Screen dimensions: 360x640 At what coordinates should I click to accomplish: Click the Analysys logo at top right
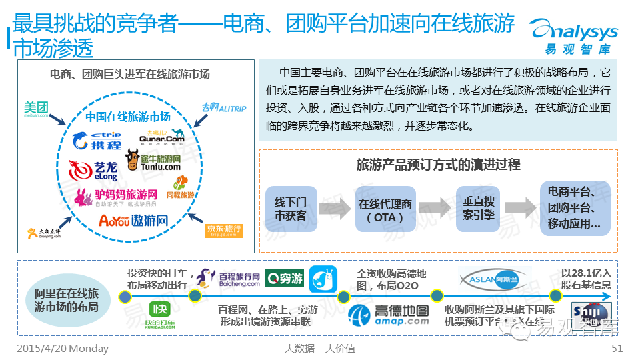click(573, 37)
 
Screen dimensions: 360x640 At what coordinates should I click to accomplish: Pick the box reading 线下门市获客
click(291, 208)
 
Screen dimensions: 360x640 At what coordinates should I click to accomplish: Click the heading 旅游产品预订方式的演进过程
click(438, 165)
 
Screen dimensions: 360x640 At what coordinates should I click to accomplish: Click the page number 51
click(617, 348)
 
